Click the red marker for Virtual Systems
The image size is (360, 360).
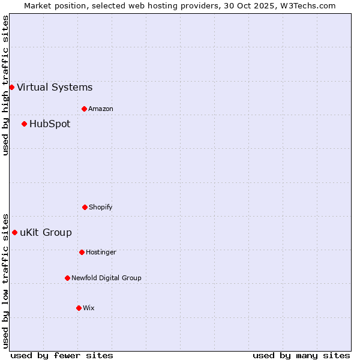(x=11, y=87)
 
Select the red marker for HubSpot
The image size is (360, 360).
(x=24, y=124)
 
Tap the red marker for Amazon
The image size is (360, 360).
(x=84, y=109)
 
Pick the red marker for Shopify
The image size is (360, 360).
(x=85, y=207)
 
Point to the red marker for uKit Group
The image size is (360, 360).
(x=14, y=232)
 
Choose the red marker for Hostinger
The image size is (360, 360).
(x=82, y=252)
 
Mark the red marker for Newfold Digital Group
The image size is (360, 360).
(x=67, y=278)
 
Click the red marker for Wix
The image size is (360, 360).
(x=79, y=308)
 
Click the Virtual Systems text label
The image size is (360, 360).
(x=55, y=87)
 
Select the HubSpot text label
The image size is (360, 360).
(x=50, y=124)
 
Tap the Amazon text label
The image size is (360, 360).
(x=101, y=109)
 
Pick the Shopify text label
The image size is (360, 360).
(x=101, y=207)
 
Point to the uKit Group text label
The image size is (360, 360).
(x=46, y=232)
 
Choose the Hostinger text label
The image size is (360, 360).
(x=101, y=252)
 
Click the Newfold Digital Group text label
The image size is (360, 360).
(x=106, y=278)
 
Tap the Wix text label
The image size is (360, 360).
(x=89, y=308)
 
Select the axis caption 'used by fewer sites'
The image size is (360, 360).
(x=62, y=355)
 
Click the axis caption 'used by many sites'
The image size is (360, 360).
(x=301, y=355)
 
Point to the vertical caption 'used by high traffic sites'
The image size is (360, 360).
(x=5, y=85)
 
